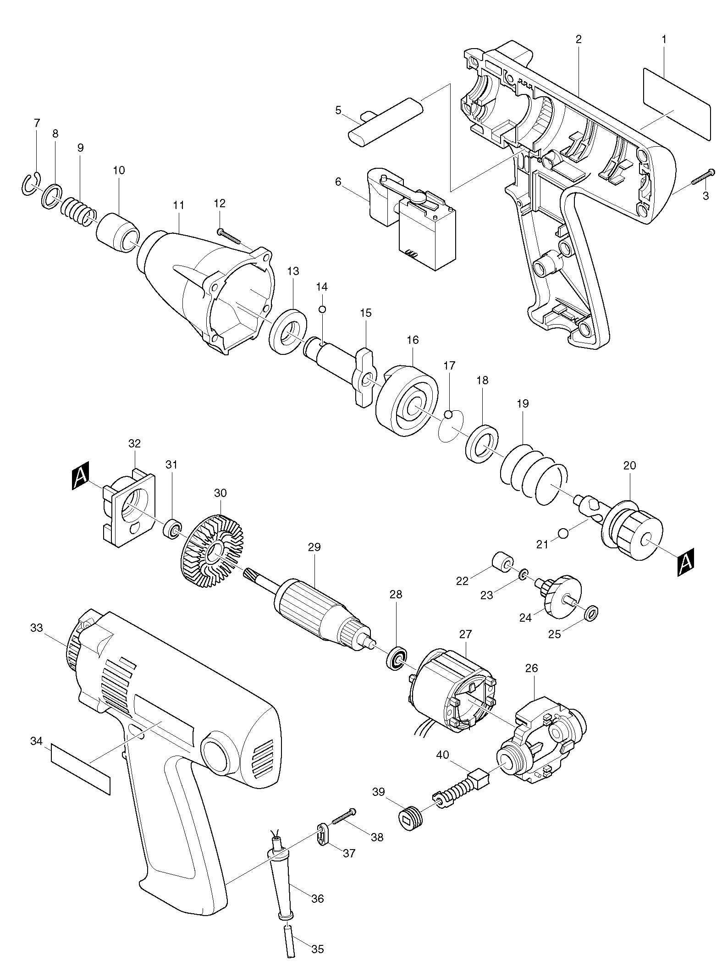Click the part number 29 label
pyautogui.click(x=314, y=547)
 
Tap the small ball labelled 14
pyautogui.click(x=322, y=309)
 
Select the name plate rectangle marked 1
pyautogui.click(x=677, y=104)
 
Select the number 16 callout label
pyautogui.click(x=413, y=340)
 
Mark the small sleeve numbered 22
pyautogui.click(x=502, y=563)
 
